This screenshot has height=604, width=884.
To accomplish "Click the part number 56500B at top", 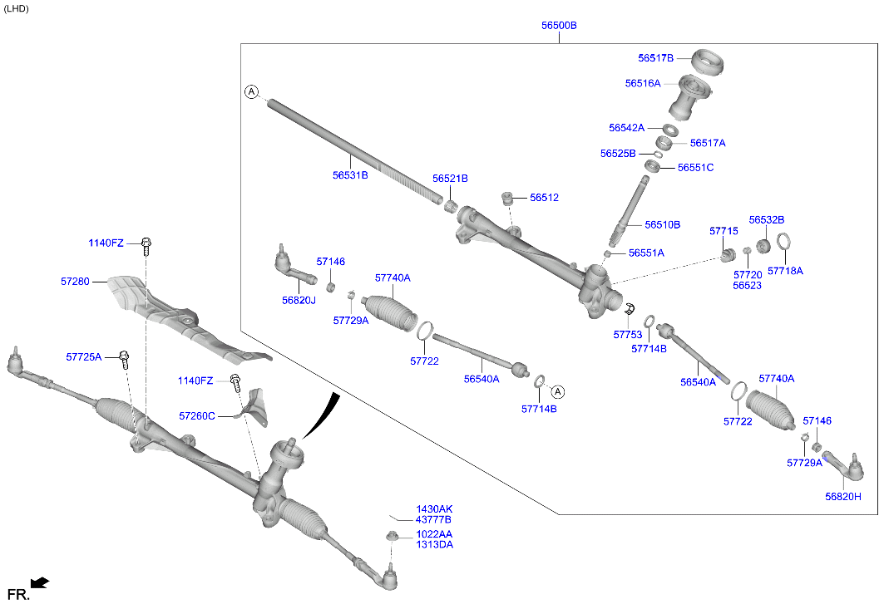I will (x=559, y=26).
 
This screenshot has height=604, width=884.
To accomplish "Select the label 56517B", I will (x=655, y=58).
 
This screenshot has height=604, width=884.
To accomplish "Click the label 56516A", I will (x=642, y=83).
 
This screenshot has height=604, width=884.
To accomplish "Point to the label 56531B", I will (x=350, y=175).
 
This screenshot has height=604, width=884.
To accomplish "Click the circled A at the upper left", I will (x=252, y=91).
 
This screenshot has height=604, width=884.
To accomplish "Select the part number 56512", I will (x=544, y=198).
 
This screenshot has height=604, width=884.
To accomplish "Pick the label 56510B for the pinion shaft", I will (x=662, y=224).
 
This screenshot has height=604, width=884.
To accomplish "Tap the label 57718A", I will (x=785, y=271).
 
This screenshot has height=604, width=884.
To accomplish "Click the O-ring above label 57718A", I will (x=783, y=243).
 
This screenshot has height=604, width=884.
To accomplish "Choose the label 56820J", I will (x=299, y=301).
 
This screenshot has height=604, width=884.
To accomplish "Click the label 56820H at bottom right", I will (x=842, y=496).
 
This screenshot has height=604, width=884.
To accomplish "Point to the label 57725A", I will (x=83, y=356).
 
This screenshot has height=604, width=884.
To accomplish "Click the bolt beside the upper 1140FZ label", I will (x=147, y=245).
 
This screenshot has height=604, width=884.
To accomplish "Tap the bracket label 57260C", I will (x=196, y=415).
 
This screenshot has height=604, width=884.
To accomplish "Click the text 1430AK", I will (x=434, y=508).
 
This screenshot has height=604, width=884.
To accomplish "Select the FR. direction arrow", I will (x=39, y=582).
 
